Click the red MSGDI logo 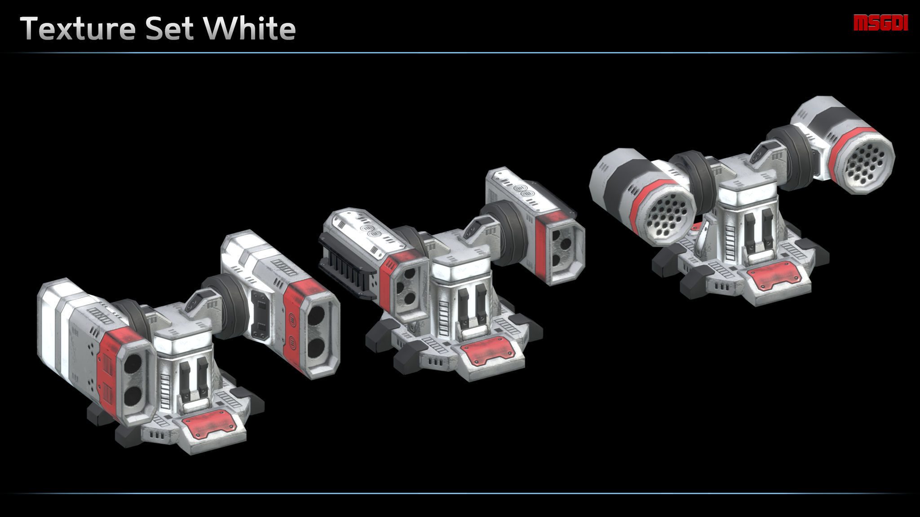point(880,23)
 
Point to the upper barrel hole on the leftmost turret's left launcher point(133,365)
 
